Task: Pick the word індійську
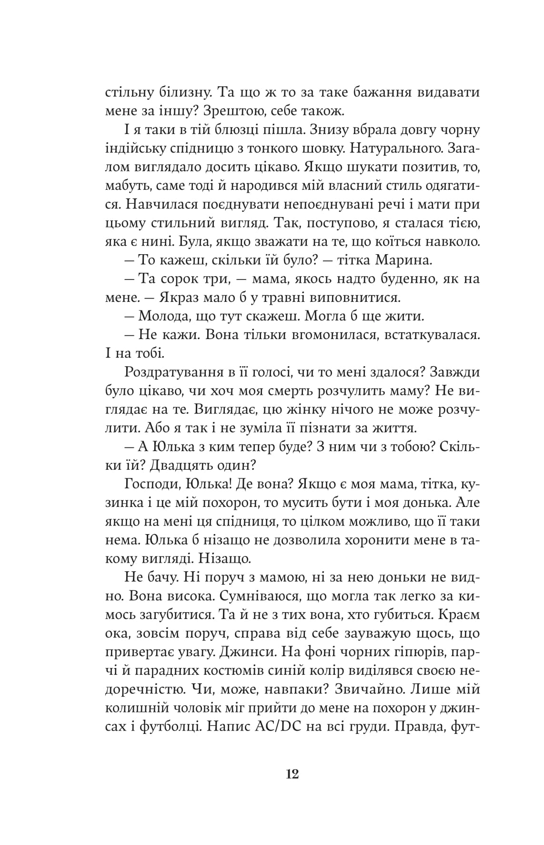click(x=138, y=148)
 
